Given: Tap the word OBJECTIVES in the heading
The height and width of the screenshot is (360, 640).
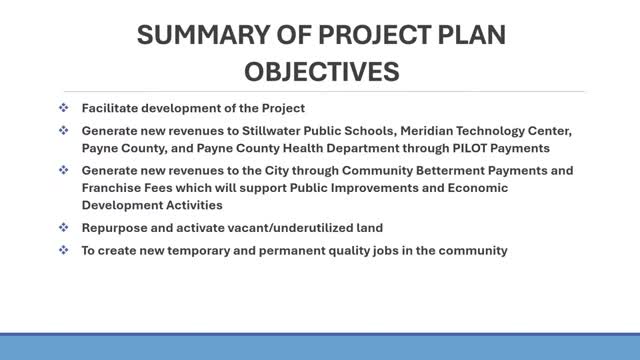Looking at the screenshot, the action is pos(322,71).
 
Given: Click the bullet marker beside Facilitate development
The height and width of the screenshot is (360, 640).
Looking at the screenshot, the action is pos(64,108).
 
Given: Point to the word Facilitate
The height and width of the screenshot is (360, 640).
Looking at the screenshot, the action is pos(109,108).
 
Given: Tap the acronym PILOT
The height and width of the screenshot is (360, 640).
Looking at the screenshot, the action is pos(470,148).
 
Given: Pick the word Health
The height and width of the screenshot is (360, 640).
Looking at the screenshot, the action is pos(303,148).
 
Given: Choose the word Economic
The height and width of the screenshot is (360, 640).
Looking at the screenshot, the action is pos(478,188).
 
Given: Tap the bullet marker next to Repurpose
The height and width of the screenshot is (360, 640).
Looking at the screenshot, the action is pos(64,227).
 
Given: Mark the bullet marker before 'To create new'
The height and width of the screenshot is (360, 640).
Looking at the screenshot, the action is pos(64,249).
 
